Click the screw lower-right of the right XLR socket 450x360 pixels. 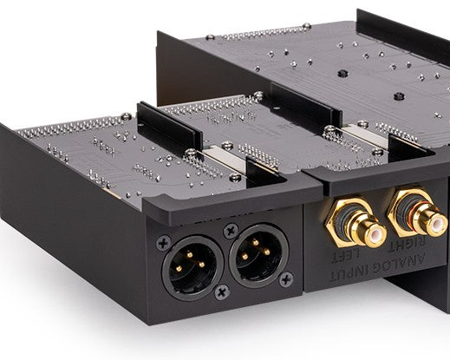(x=286, y=279)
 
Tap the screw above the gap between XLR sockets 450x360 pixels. (x=231, y=231)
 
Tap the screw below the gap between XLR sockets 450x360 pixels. (x=222, y=292)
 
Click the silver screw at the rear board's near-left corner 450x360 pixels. (x=209, y=38)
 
